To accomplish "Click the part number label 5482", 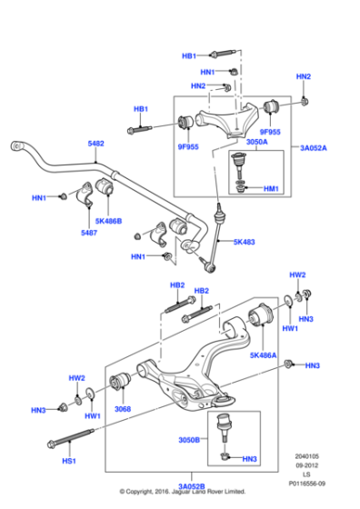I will (x=95, y=144).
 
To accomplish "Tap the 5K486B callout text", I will (x=108, y=220).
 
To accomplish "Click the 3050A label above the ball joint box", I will (x=256, y=142).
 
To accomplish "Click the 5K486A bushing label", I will (x=263, y=356).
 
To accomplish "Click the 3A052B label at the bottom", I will (x=190, y=487).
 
